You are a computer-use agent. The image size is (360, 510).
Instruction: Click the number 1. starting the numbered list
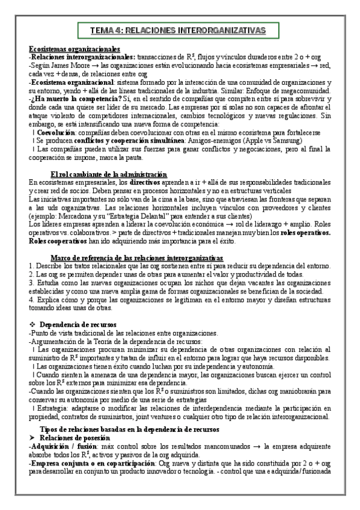click(x=31, y=266)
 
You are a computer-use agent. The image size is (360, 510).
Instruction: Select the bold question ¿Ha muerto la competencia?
click(x=69, y=98)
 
